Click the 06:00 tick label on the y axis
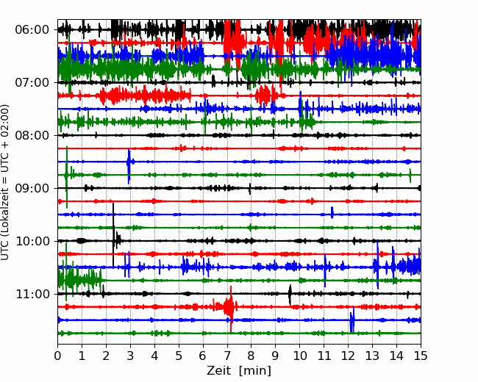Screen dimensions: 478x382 32,30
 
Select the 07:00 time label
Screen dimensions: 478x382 32,82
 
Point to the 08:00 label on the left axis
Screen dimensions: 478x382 32,135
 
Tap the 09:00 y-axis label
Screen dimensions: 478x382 32,188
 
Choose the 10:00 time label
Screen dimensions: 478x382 32,241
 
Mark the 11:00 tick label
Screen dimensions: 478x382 32,294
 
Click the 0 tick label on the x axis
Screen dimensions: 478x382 57,356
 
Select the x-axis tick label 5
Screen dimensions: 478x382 179,356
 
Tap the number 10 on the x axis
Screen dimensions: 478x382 299,356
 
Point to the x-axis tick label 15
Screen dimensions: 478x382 421,356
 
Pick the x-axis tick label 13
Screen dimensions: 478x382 372,356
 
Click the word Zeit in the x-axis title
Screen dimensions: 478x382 218,370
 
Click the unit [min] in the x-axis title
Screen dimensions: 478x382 255,371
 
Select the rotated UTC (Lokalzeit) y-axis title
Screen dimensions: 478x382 4,182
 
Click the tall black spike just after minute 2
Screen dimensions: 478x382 113,234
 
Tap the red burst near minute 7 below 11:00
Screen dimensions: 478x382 230,308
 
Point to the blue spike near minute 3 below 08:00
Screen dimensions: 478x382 129,166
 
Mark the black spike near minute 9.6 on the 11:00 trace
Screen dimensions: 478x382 290,295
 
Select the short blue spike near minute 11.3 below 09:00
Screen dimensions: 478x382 332,212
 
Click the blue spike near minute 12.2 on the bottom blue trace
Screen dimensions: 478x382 352,320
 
